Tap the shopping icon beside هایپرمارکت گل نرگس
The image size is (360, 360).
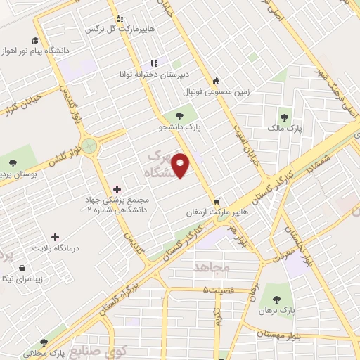point(119,19)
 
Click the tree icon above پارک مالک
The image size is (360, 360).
point(285,117)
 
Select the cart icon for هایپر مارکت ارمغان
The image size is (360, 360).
point(217,200)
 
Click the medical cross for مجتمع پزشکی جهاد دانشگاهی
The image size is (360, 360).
point(117,189)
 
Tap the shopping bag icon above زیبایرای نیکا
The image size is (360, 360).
point(24,268)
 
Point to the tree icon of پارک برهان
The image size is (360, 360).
point(285,297)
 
